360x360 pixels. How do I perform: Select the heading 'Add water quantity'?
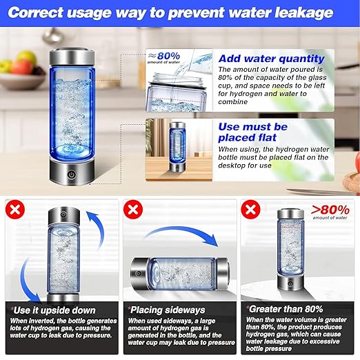(270, 59)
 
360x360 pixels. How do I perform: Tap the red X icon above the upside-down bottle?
(14, 210)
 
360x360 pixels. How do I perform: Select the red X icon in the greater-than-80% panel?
(250, 210)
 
